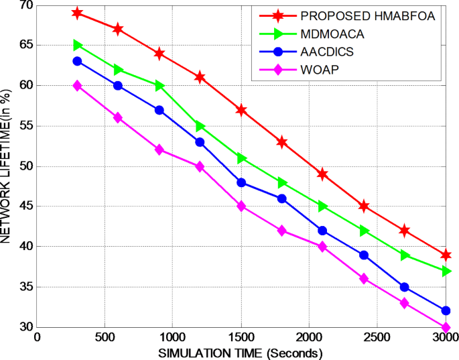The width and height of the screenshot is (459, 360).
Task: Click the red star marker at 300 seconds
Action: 78,13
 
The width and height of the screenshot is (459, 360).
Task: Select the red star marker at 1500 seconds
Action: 241,110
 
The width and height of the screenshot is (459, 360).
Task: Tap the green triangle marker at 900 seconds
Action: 159,86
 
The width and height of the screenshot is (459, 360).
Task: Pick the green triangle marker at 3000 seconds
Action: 446,271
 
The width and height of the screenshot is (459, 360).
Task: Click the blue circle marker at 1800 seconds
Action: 281,198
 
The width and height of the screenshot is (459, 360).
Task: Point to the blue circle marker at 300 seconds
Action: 78,61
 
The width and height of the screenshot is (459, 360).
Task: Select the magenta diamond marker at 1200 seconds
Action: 200,166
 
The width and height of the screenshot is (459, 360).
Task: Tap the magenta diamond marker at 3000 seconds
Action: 446,327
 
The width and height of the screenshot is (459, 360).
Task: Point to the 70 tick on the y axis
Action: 26,5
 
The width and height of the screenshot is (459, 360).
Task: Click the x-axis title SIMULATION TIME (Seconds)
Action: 241,353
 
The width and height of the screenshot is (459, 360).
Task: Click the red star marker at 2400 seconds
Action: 364,206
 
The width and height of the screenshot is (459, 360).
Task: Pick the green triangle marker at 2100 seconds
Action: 323,206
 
